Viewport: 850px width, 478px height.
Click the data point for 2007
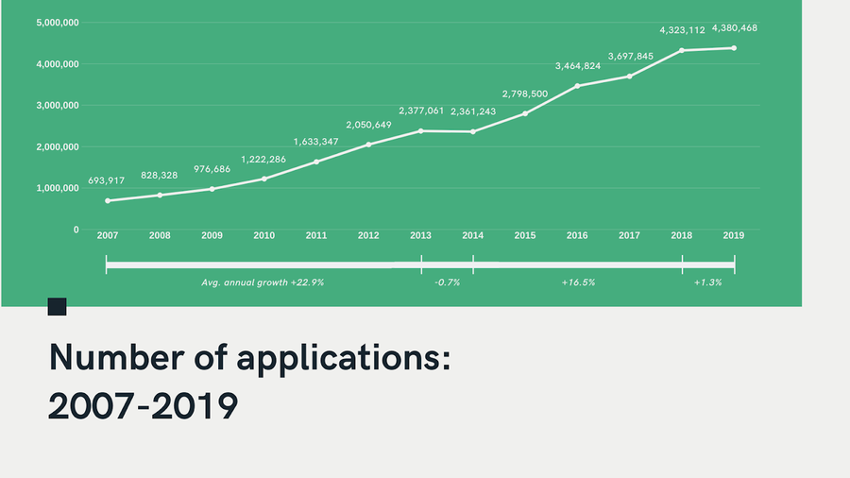click(x=108, y=201)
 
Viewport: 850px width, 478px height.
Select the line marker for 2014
click(x=473, y=131)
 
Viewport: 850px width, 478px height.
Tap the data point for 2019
click(x=734, y=48)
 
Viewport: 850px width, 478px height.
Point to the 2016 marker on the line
click(x=577, y=86)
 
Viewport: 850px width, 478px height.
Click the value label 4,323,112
click(x=682, y=30)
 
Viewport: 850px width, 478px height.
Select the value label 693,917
click(x=106, y=180)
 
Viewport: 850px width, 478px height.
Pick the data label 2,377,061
click(x=421, y=111)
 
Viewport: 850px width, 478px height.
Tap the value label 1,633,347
click(x=316, y=142)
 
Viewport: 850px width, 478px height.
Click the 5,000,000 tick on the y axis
click(x=58, y=23)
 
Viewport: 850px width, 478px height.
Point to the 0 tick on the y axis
click(x=76, y=230)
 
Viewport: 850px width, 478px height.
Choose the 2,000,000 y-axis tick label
click(x=58, y=146)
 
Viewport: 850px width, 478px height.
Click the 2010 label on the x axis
click(x=264, y=235)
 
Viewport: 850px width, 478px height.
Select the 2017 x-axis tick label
click(x=629, y=235)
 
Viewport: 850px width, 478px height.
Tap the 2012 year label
click(x=368, y=235)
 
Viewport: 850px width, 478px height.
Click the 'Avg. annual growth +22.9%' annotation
click(x=263, y=282)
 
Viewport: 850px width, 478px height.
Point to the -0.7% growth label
click(x=448, y=282)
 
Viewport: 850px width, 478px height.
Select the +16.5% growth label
click(x=578, y=282)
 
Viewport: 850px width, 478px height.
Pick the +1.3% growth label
click(x=708, y=282)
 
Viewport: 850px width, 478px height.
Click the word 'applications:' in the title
click(x=344, y=359)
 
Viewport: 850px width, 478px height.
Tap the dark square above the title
click(x=57, y=306)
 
